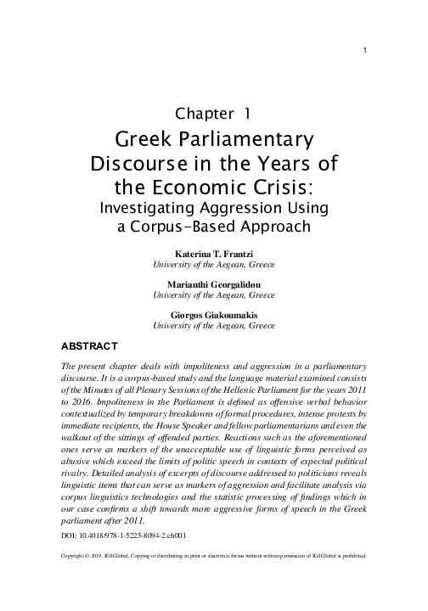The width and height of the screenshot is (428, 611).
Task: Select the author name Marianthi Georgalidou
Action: (213, 284)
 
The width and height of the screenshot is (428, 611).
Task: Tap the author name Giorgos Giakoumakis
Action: (213, 314)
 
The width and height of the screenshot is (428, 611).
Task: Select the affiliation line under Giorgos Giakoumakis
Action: (213, 325)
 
